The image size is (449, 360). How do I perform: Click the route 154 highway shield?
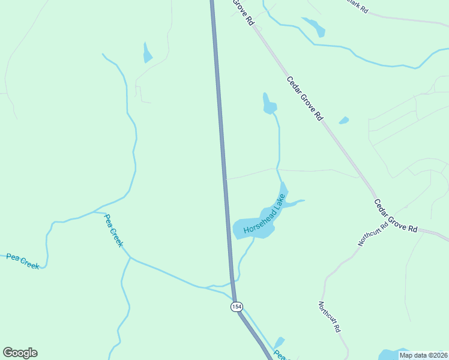pyautogui.click(x=237, y=307)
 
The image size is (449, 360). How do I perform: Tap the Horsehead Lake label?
pyautogui.click(x=263, y=218)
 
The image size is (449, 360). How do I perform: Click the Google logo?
pyautogui.click(x=20, y=353)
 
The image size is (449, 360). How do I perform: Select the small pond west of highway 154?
pyautogui.click(x=147, y=53)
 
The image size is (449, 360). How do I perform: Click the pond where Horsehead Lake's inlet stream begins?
pyautogui.click(x=269, y=104)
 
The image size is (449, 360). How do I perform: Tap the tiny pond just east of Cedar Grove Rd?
pyautogui.click(x=344, y=121)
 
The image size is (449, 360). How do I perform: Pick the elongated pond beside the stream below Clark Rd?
pyautogui.click(x=314, y=26)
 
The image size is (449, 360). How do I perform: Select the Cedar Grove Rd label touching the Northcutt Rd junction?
pyautogui.click(x=395, y=216)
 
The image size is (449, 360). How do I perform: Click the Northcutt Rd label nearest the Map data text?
pyautogui.click(x=330, y=317)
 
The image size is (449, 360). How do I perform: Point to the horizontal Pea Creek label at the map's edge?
pyautogui.click(x=23, y=261)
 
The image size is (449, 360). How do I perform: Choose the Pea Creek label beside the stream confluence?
pyautogui.click(x=113, y=230)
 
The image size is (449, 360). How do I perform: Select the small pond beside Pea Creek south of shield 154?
pyautogui.click(x=279, y=342)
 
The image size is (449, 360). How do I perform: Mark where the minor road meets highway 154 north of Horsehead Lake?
pyautogui.click(x=226, y=179)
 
